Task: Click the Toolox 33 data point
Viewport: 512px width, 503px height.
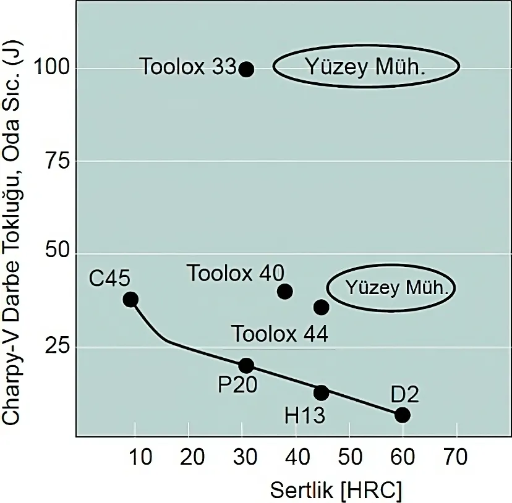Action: (246, 69)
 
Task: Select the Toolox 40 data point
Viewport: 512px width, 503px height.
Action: (285, 291)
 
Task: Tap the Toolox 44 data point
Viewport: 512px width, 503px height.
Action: (322, 306)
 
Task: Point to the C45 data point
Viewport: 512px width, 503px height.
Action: (130, 300)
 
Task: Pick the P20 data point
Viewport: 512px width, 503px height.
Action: (246, 365)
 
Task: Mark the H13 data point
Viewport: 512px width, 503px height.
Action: (321, 392)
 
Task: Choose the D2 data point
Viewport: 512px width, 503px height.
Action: (403, 415)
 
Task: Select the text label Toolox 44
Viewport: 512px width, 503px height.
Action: (280, 334)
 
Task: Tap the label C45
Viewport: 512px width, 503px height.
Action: (109, 279)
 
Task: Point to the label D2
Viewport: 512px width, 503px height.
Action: (405, 394)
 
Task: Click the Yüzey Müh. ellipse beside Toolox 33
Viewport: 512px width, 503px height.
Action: (367, 67)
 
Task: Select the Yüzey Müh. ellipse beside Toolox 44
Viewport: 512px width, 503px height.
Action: (391, 288)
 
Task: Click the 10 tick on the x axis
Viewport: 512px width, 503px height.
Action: (142, 458)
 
